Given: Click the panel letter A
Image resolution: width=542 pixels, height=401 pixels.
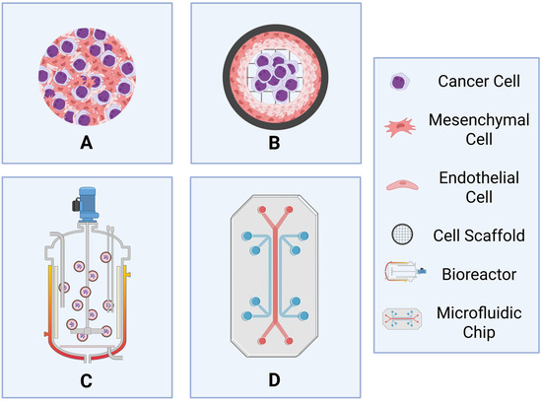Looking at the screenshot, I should [87, 142].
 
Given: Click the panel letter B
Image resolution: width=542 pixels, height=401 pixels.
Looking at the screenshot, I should [275, 142].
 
